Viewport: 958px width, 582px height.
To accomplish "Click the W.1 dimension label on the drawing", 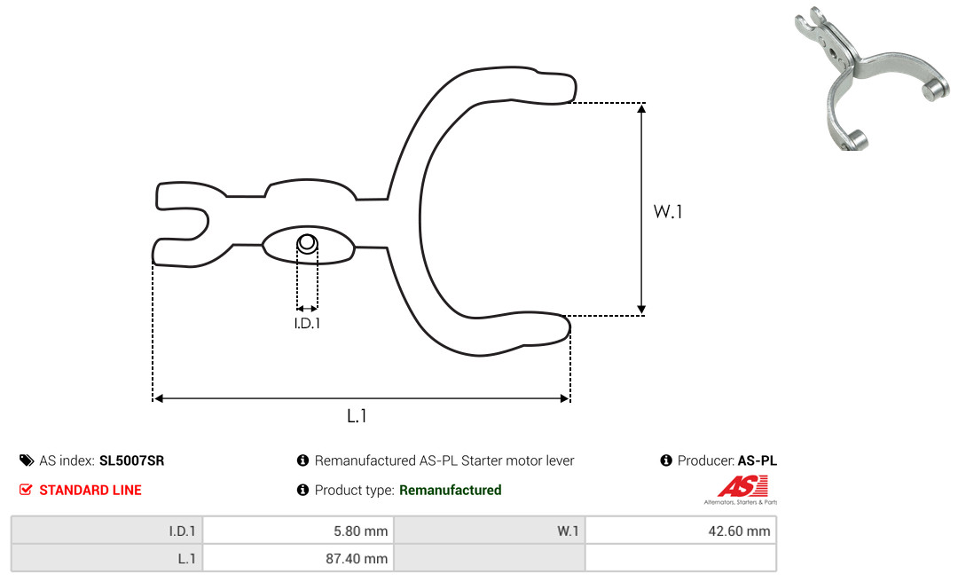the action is (667, 211).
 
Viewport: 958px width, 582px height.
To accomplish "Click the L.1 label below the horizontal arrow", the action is (357, 416).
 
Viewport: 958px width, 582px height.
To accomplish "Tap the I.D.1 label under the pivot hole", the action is (307, 323).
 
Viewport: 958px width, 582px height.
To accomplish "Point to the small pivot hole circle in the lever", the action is (307, 243).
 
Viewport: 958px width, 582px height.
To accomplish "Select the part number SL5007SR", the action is (131, 460).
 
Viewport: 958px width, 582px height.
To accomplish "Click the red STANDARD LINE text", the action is (90, 490).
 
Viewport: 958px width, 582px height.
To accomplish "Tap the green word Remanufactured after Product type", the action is (451, 490).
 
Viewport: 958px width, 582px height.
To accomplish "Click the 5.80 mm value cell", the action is (298, 531).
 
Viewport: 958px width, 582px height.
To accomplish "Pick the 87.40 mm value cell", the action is (298, 558).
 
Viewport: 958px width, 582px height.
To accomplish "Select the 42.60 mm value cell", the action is (680, 531).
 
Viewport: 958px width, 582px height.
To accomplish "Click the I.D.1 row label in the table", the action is (107, 531).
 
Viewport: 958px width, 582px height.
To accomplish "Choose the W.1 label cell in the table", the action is (490, 531).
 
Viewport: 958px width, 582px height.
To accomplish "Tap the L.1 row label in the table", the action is (107, 558).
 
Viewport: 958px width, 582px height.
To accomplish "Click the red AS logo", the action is (742, 487).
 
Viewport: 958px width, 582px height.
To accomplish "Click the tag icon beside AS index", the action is (27, 460).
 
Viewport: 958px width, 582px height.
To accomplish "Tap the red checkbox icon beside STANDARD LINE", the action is (26, 490).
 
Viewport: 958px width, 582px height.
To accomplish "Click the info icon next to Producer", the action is (666, 460).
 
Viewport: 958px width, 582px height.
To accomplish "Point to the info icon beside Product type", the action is (302, 490).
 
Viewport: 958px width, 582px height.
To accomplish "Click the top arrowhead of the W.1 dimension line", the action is (641, 108).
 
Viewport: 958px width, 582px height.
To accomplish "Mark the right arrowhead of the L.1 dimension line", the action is (564, 398).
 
